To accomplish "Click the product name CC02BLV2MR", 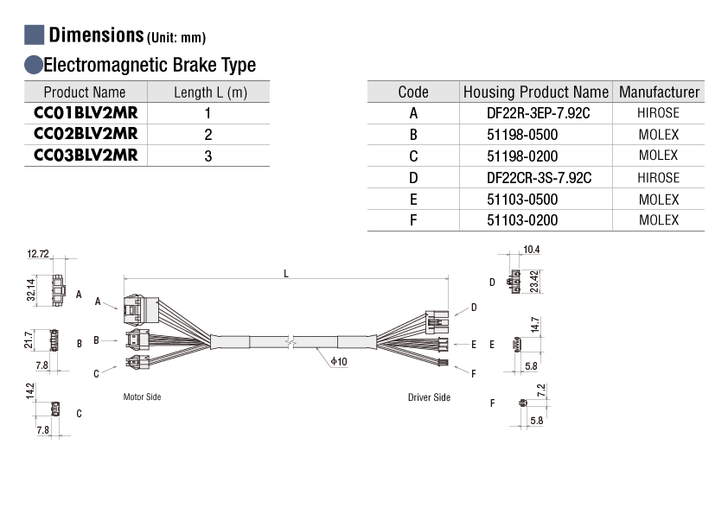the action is point(86,134).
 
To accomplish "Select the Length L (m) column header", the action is point(210,92).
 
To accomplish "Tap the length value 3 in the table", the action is point(208,155).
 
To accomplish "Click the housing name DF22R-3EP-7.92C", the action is point(538,113).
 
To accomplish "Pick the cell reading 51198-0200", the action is point(522,156).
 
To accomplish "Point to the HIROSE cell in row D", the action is point(658,178).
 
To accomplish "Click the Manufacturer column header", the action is point(660,92).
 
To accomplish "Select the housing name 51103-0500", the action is point(522,200).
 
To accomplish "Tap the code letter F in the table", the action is point(413,220).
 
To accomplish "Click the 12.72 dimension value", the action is point(37,254).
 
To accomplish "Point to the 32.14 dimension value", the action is point(30,290).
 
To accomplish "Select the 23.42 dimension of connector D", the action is point(534,282).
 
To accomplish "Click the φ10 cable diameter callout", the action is point(339,361).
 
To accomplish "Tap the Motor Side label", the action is point(142,397).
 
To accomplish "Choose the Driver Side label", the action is point(429,397).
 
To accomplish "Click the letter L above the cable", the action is point(286,274).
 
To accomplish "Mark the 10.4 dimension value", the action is point(532,250).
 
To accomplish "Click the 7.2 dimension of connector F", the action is point(541,390).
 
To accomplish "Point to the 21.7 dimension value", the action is point(29,339).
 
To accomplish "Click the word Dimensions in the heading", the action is point(96,35).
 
